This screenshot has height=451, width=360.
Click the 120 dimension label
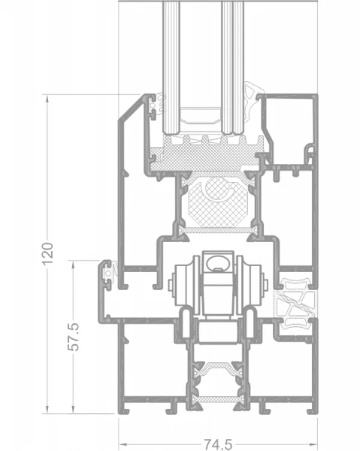(x=48, y=254)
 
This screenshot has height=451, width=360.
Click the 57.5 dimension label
(x=74, y=337)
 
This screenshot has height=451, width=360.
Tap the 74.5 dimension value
(x=218, y=444)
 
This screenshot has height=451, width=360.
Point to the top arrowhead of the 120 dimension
(x=47, y=99)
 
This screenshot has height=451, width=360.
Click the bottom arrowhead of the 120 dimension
(x=47, y=409)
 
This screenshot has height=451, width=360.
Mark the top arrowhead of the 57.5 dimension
(x=74, y=265)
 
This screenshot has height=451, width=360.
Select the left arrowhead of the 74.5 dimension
(x=123, y=444)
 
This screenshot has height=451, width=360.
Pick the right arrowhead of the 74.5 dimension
(x=313, y=444)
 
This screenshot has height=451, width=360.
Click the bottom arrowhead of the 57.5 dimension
(x=74, y=409)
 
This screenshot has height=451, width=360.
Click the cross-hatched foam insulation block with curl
(x=218, y=201)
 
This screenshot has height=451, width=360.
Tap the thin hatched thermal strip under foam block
(x=218, y=230)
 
